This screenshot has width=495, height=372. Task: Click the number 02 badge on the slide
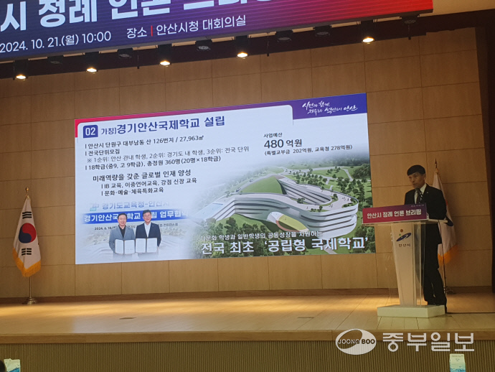click(90, 131)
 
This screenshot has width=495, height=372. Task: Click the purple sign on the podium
click(395, 214)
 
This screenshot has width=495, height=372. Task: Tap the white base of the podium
click(411, 310)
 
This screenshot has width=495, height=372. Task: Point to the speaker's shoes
click(435, 302)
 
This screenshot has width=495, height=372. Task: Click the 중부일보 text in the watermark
click(428, 341)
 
